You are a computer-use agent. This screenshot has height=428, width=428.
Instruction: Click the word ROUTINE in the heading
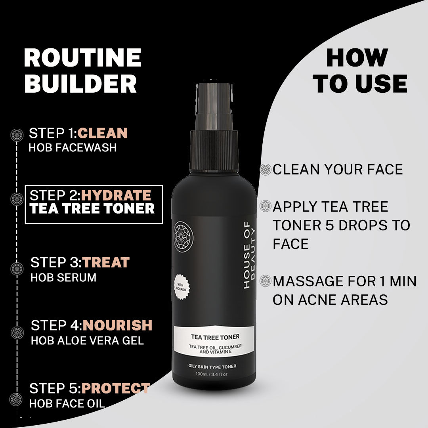[x=82, y=58]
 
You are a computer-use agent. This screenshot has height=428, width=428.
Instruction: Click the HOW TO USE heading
[x=360, y=71]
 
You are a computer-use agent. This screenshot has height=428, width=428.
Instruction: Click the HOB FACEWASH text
[x=73, y=148]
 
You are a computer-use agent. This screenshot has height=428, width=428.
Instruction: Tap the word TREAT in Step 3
[x=106, y=262]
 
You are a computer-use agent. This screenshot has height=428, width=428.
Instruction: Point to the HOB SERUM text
[x=63, y=277]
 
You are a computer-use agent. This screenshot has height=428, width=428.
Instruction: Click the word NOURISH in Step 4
[x=117, y=325]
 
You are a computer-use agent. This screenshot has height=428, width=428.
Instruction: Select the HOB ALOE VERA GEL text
[x=87, y=340]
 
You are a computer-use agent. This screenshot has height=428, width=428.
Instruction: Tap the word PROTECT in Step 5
[x=116, y=388]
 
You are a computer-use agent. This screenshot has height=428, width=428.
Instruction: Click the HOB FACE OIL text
[x=67, y=403]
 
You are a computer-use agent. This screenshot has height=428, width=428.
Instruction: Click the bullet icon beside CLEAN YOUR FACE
[x=265, y=170]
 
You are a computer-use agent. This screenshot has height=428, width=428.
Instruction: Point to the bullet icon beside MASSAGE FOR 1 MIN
[x=265, y=281]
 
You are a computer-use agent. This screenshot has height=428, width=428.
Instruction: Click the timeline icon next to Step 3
[x=17, y=269]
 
